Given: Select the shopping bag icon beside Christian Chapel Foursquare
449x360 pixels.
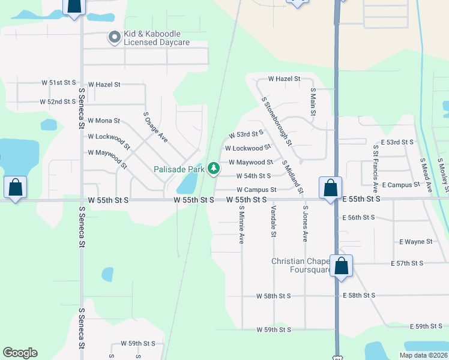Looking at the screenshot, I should pos(341,265).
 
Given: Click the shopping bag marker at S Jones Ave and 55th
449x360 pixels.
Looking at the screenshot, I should pos(330,187).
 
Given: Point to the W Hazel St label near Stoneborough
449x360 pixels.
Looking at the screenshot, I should pos(284,79).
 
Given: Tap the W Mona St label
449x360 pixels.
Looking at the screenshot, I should pos(104,121).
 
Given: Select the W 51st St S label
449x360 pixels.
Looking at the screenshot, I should pos(59,82).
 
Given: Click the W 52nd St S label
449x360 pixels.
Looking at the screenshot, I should pos(59,102).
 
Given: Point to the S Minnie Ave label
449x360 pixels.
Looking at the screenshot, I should pos(241,225).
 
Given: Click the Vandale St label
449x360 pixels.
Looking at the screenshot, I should pos(273,221).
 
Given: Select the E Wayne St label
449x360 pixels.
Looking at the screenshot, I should pos(416,242).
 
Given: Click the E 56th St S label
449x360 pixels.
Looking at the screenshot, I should pos(358,217).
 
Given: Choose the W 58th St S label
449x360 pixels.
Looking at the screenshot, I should pos(273,296).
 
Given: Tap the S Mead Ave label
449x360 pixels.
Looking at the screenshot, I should pos(425,175).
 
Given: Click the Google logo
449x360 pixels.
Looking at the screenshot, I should pos(20,353).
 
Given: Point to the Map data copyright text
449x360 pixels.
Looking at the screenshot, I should pos(423,355).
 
